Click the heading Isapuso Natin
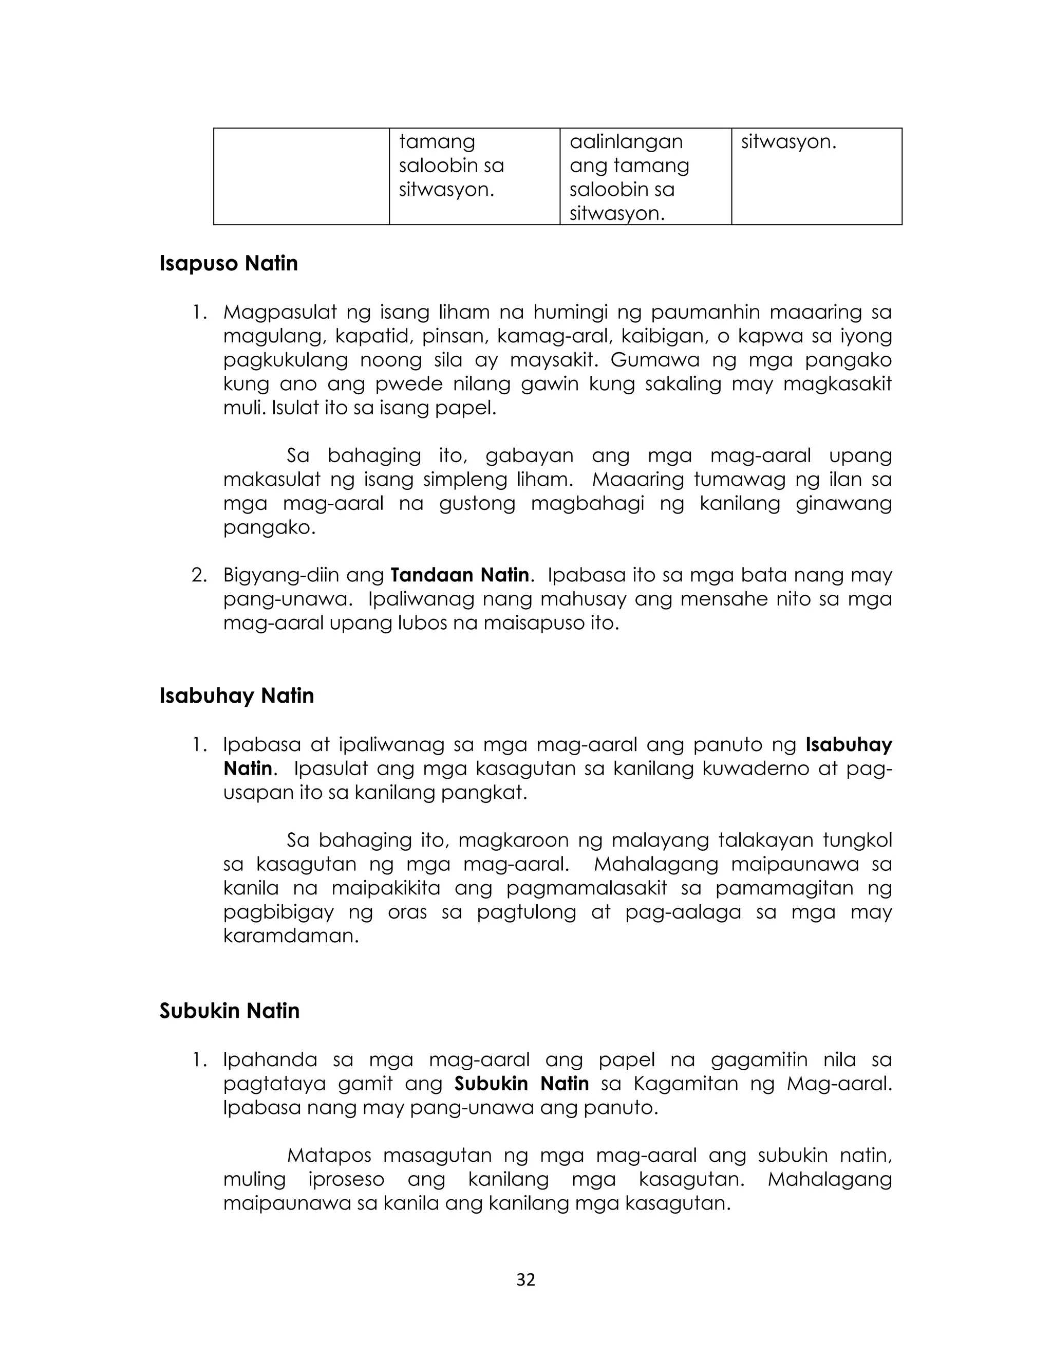pos(229,264)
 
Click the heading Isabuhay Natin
pos(236,696)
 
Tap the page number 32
pos(525,1279)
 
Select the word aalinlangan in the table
pos(626,141)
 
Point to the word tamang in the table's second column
pos(437,141)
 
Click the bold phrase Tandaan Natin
pos(460,575)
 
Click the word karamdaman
pos(291,936)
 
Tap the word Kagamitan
pos(686,1083)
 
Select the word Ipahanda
pos(270,1059)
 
